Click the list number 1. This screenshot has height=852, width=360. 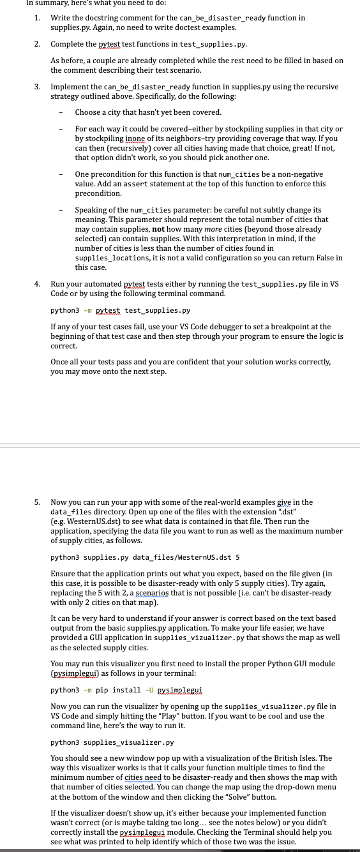(37, 18)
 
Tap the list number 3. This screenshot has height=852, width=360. (37, 86)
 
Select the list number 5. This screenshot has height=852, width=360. (37, 502)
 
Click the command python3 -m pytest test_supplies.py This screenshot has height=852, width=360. (120, 311)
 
